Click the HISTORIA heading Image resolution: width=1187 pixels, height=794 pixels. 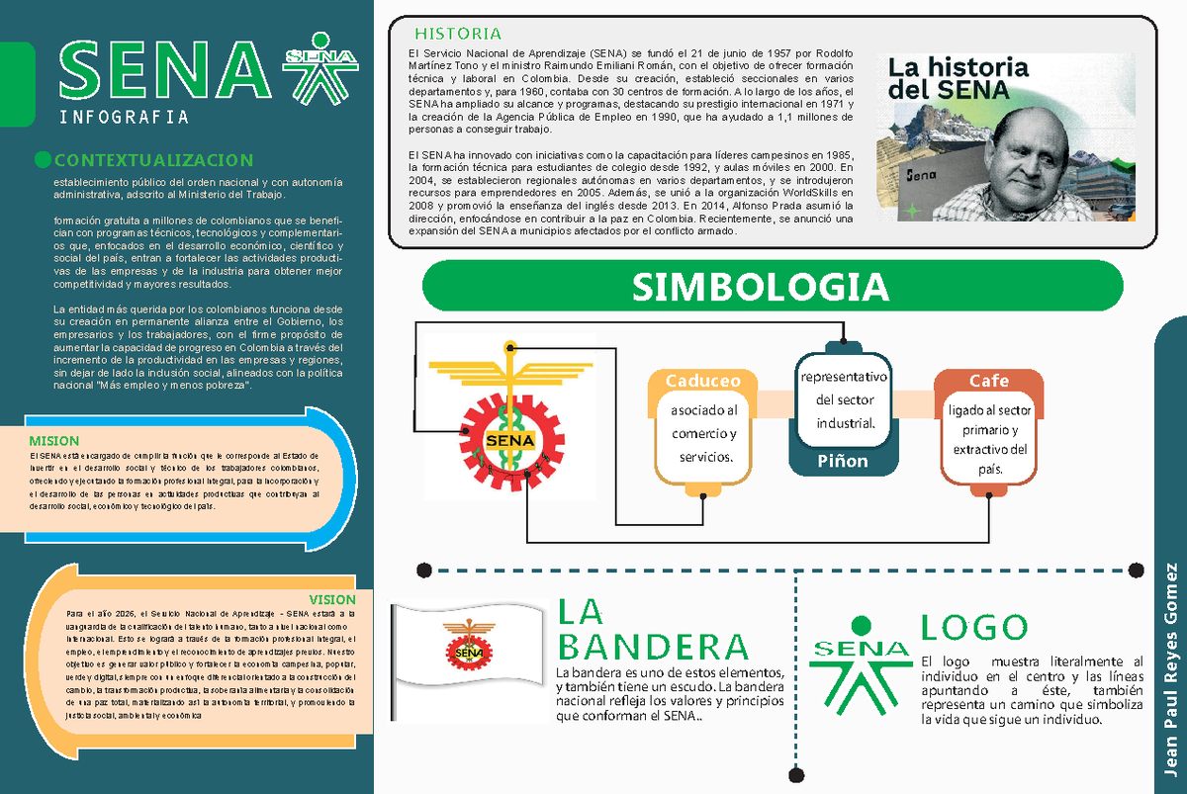[x=458, y=35]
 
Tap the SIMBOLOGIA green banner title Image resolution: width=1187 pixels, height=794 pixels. [x=759, y=288]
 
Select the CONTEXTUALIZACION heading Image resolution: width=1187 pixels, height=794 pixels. [x=154, y=160]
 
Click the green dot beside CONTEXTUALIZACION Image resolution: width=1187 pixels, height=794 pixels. [x=42, y=160]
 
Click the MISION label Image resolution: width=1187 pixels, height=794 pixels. [x=54, y=440]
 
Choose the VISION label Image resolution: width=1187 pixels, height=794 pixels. [x=332, y=599]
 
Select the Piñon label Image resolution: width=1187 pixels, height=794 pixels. [x=843, y=461]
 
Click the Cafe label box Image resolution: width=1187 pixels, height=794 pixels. [x=988, y=381]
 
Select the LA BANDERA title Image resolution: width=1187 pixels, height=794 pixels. [x=651, y=630]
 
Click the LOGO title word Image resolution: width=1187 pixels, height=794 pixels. [x=974, y=627]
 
